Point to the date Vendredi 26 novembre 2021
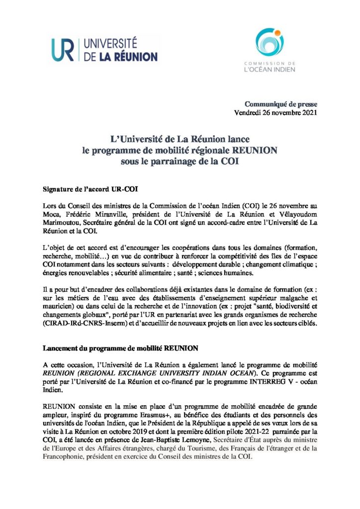[275, 112]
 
